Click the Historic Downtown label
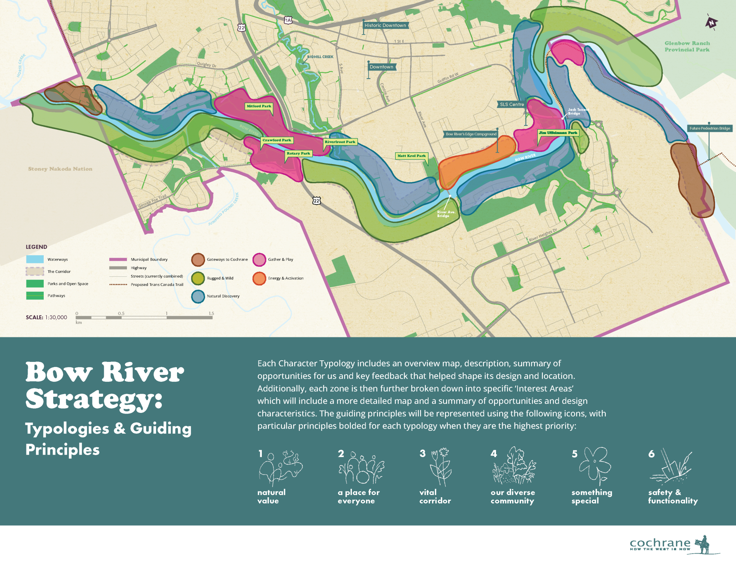pos(385,26)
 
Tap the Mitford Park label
pos(259,106)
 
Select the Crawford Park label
pos(277,140)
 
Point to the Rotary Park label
pos(298,153)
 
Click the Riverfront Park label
pos(340,142)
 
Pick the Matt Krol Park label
pos(411,156)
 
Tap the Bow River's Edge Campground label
pos(471,134)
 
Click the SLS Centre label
pos(512,104)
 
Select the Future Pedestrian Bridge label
pos(710,128)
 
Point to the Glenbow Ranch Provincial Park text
pos(687,46)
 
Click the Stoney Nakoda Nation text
pos(60,169)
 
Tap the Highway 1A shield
pos(288,20)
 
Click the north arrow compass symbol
pos(711,23)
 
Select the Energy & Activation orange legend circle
pos(259,278)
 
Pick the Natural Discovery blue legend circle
pos(198,296)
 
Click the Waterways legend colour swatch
pos(35,260)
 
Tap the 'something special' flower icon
pos(595,466)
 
